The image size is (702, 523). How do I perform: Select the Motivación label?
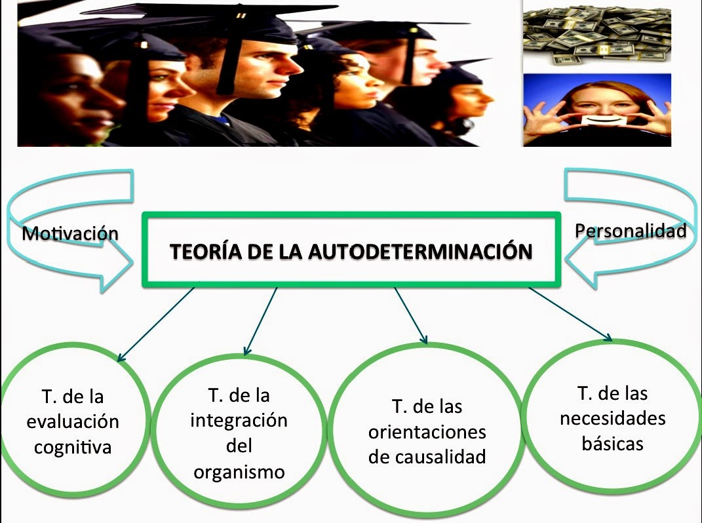click(70, 233)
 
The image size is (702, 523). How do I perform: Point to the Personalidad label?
click(631, 231)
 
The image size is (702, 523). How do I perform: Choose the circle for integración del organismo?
click(239, 433)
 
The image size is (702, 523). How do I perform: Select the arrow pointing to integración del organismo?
click(260, 321)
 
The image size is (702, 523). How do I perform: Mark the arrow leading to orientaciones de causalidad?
click(410, 316)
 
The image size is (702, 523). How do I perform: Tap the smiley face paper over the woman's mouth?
click(597, 123)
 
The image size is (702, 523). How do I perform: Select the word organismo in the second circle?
click(239, 471)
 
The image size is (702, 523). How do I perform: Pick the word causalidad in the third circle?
click(427, 457)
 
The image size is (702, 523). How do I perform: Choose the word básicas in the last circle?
click(612, 443)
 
